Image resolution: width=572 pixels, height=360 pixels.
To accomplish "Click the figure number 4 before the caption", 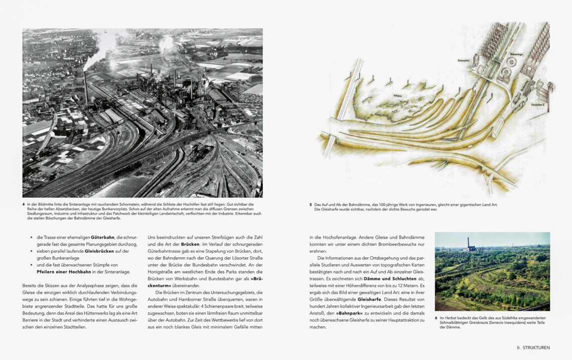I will tap(24, 204).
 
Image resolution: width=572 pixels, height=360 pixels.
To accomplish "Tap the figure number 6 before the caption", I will tap(437, 318).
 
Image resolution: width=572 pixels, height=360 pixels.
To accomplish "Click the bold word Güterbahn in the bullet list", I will tap(103, 236).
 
